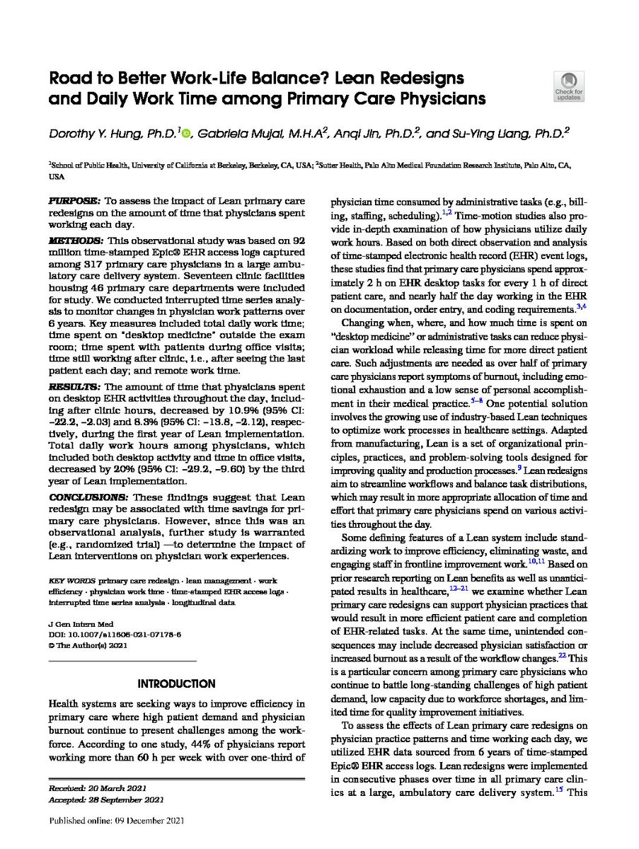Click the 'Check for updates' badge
569,86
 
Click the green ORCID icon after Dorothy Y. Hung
186,133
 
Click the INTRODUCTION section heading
176,683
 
